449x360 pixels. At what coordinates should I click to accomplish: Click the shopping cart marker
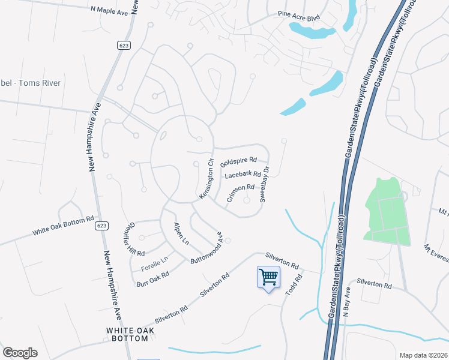(x=268, y=277)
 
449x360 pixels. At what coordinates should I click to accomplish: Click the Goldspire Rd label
(x=238, y=162)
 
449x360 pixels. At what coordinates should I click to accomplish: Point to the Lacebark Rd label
(x=243, y=175)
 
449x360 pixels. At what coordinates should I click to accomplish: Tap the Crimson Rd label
(x=241, y=193)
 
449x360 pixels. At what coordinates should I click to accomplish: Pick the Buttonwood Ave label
(x=207, y=249)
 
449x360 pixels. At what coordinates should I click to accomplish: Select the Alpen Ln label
(x=181, y=234)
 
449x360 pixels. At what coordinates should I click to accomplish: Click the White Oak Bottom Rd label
(x=64, y=226)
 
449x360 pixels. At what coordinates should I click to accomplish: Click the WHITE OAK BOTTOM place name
(x=127, y=334)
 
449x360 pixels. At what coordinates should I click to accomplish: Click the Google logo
(x=20, y=352)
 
